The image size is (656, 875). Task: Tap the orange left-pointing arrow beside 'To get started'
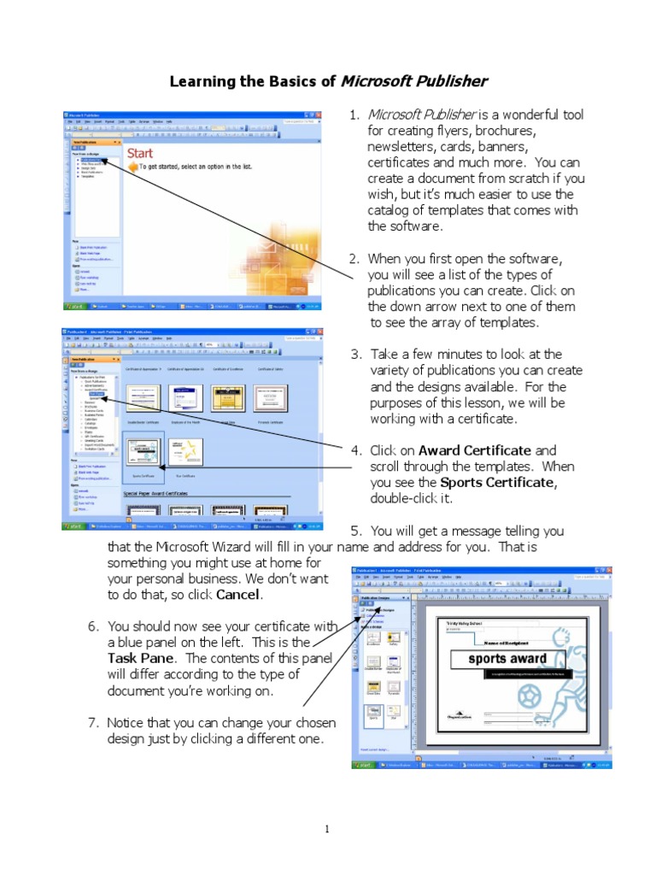132,168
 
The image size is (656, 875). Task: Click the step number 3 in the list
355,355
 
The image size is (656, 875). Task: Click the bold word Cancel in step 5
238,595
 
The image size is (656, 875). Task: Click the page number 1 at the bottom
328,828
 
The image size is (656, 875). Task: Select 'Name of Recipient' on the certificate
513,643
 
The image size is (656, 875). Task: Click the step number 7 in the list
92,723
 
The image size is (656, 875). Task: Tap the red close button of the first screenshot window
319,115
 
